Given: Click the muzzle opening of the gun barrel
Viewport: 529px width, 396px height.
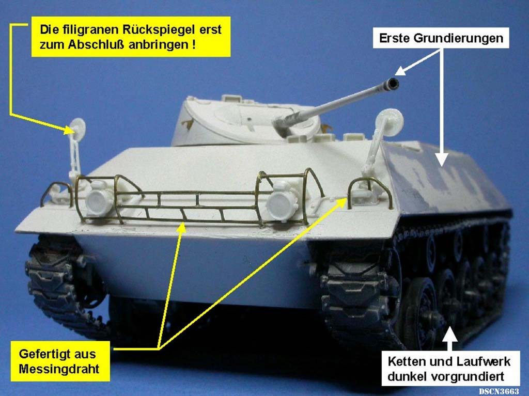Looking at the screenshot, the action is (x=393, y=83).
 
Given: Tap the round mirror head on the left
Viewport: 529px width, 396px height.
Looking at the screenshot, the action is (x=78, y=129).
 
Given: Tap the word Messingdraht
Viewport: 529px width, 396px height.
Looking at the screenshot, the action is (x=59, y=369).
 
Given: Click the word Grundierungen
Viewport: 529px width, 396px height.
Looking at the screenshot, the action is (x=458, y=38).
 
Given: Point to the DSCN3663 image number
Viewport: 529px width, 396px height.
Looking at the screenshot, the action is (x=499, y=391).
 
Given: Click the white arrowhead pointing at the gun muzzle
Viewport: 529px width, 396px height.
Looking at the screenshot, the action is (x=400, y=70).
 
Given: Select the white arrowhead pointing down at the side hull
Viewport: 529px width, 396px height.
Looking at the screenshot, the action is (x=441, y=159).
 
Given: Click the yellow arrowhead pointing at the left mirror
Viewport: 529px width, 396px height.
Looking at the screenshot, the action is (x=69, y=130).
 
